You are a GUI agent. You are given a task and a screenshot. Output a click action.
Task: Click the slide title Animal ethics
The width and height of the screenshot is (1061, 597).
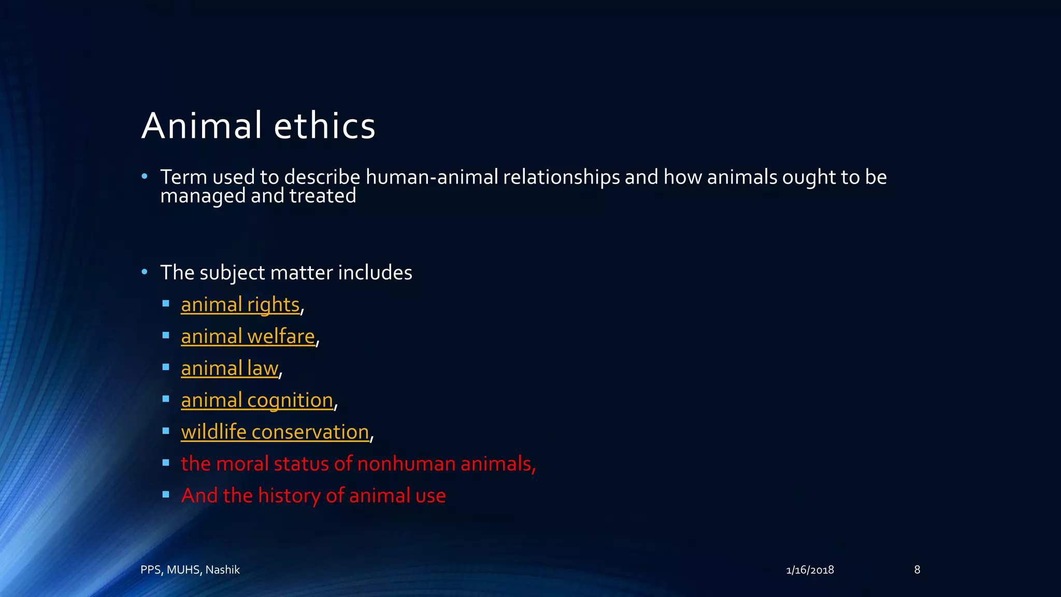(258, 126)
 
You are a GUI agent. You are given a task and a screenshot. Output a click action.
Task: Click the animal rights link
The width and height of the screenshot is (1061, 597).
(240, 305)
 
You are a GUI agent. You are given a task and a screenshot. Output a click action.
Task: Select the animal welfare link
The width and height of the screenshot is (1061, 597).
(248, 337)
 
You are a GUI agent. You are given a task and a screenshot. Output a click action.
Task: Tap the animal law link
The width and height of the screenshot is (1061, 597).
(230, 368)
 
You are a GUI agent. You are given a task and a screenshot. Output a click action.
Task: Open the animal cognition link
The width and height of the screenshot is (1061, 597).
(257, 401)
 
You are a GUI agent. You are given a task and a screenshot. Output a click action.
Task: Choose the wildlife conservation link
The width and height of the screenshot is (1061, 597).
(275, 432)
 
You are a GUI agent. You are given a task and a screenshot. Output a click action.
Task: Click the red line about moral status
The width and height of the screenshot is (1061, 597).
(358, 464)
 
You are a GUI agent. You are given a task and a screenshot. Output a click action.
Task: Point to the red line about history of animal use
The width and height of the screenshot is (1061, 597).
(313, 496)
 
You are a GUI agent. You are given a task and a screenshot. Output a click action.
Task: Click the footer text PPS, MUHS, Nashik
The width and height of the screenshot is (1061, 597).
(190, 570)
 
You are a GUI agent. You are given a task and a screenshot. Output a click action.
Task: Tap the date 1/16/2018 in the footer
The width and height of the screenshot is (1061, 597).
(810, 570)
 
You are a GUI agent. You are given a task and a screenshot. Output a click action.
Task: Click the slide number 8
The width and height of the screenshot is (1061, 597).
(917, 570)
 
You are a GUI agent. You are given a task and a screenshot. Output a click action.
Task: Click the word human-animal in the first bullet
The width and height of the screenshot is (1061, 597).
(432, 177)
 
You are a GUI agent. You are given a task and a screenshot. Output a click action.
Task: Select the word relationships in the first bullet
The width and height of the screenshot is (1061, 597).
(561, 177)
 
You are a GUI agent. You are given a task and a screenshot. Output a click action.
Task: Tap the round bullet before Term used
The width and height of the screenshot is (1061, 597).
(145, 177)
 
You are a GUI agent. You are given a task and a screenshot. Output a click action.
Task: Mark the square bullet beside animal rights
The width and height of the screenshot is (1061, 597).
(166, 304)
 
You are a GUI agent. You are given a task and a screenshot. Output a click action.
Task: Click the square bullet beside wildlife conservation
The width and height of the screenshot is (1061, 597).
(166, 431)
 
